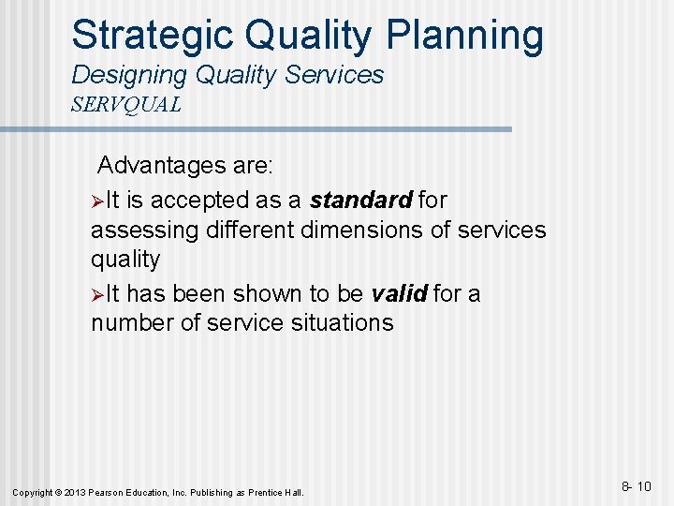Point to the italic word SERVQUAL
point(126,105)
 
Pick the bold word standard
point(361,201)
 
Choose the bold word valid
point(400,294)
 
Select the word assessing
point(144,230)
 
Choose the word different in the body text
point(248,230)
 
